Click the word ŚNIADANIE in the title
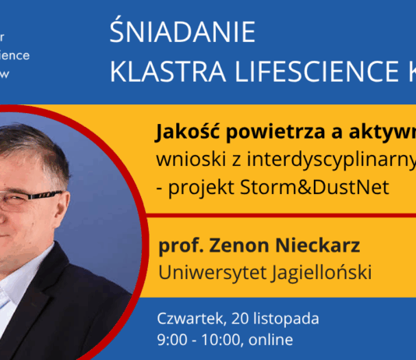click(183, 33)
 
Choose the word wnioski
click(185, 159)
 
